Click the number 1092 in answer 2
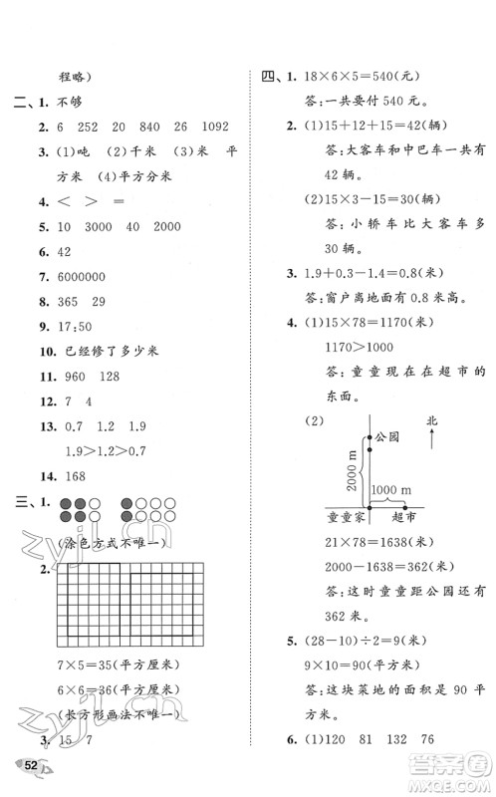[210, 127]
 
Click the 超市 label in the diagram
[404, 518]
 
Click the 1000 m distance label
[399, 490]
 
